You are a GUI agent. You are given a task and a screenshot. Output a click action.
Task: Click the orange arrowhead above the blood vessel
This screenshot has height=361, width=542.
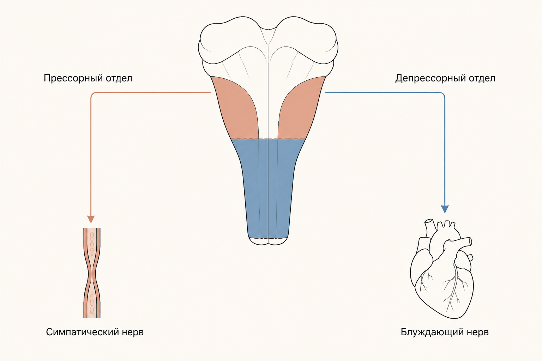[91, 219]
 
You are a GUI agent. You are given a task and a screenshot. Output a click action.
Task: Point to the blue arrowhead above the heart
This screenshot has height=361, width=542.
[445, 209]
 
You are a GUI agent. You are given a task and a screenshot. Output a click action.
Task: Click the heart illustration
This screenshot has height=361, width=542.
[442, 268]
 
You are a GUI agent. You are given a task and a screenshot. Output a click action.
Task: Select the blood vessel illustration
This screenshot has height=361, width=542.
[92, 273]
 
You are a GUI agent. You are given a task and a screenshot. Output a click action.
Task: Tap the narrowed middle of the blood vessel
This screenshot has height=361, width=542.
[92, 274]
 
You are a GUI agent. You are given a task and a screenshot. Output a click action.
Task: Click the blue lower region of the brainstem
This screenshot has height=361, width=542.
[268, 186]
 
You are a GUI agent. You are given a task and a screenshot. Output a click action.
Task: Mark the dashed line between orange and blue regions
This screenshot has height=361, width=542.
[268, 139]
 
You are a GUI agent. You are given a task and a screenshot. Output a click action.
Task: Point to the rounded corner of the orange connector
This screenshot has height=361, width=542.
[92, 93]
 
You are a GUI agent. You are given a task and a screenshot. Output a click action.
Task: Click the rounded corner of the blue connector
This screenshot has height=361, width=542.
[443, 93]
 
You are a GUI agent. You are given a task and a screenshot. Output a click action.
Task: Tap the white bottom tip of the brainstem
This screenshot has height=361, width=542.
[268, 241]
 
